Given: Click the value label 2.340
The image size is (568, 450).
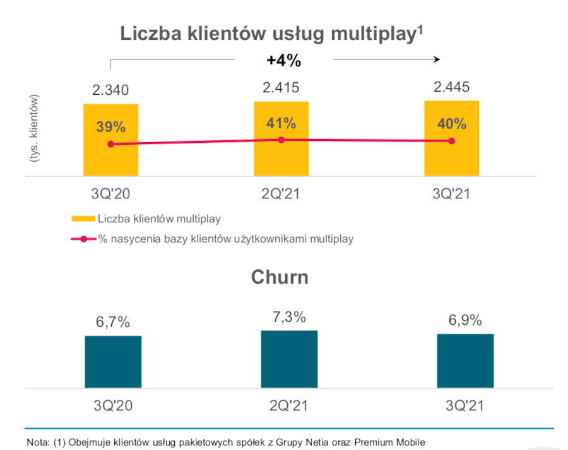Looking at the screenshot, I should click(110, 91).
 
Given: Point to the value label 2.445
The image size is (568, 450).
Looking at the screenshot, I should click(451, 87).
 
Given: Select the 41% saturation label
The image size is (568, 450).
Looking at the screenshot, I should click(281, 123).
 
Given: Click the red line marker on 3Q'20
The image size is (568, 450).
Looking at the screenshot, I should click(111, 144).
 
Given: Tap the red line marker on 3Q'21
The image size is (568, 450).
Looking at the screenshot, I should click(452, 141).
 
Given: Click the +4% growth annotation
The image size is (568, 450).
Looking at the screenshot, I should click(283, 61).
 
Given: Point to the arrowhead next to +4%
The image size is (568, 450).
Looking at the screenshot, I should click(435, 59).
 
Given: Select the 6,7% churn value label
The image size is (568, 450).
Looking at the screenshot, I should click(113, 322).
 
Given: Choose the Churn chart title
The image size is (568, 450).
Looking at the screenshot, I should click(280, 277).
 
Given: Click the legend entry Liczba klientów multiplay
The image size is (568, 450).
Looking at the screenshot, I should click(158, 219).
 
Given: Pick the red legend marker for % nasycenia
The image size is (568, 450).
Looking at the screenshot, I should click(83, 239).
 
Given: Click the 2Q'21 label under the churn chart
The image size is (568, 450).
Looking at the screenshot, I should click(289, 405).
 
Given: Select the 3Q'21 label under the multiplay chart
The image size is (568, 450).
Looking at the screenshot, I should click(451, 194).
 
